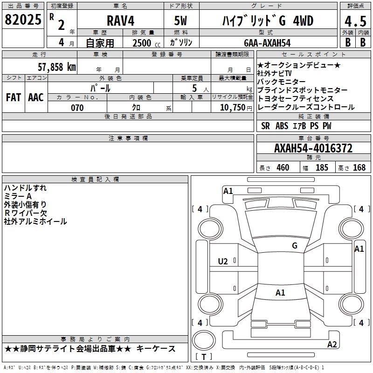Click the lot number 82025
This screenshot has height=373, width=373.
pos(23,20)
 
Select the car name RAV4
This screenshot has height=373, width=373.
pos(120,21)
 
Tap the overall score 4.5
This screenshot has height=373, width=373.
pos(355,21)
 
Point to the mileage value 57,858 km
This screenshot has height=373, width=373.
pos(57,67)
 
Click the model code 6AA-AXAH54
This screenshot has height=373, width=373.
pos(267,43)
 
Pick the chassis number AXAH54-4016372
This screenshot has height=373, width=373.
pos(313,148)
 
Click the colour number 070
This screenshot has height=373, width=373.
pos(77,108)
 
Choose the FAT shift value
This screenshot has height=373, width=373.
pos(14,97)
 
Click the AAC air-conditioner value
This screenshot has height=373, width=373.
pos(36,97)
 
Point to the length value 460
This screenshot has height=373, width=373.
pos(283,167)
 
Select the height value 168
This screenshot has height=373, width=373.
pos(359,167)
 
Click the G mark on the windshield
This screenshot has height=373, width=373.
pos(295,246)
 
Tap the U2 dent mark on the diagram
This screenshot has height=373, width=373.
pos(223,262)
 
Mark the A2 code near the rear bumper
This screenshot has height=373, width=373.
pos(332,344)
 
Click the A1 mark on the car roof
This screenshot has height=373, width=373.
pos(280,293)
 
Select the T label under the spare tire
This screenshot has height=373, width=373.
pos(204,357)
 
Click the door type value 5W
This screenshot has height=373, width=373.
pos(180,21)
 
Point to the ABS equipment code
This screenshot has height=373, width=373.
pos(282,126)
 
